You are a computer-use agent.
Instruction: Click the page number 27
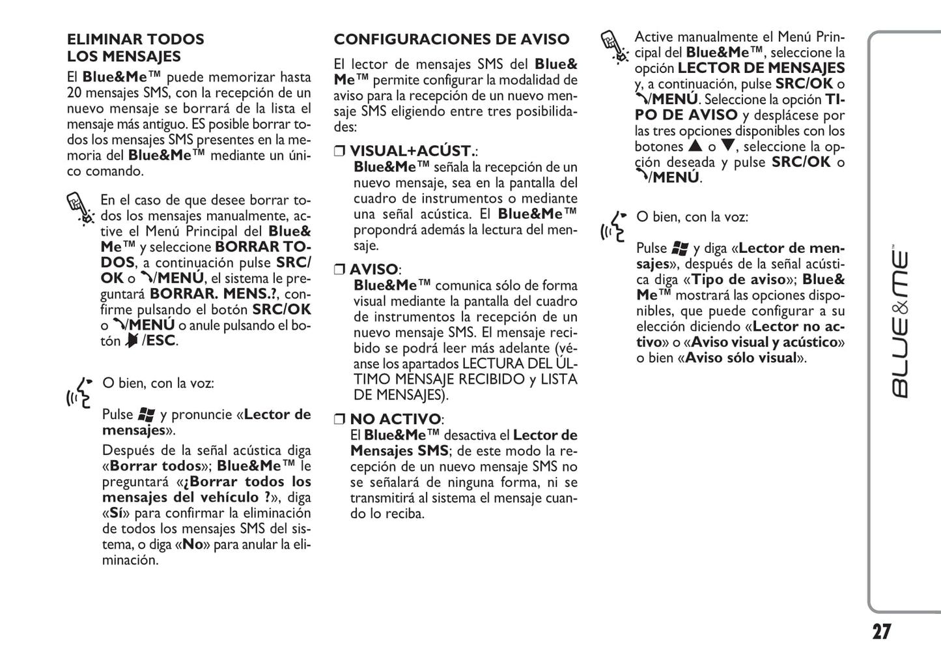[881, 631]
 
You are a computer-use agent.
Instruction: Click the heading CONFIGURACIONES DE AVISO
[451, 39]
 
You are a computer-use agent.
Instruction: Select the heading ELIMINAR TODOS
[135, 39]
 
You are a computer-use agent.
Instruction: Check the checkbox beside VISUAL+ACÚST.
[339, 151]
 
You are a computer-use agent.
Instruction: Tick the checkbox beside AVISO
[339, 270]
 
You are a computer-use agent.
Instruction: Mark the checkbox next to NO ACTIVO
[339, 419]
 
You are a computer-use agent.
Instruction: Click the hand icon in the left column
[80, 208]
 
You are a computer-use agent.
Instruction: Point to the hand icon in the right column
[613, 46]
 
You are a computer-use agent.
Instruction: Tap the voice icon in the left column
[80, 391]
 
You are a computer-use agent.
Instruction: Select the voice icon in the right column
[613, 225]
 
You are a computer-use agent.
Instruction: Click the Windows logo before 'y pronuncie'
[147, 414]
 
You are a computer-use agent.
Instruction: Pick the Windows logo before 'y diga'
[681, 248]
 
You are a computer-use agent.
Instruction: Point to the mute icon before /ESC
[132, 341]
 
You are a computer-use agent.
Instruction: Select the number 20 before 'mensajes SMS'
[74, 93]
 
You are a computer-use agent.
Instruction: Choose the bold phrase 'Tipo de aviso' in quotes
[738, 280]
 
